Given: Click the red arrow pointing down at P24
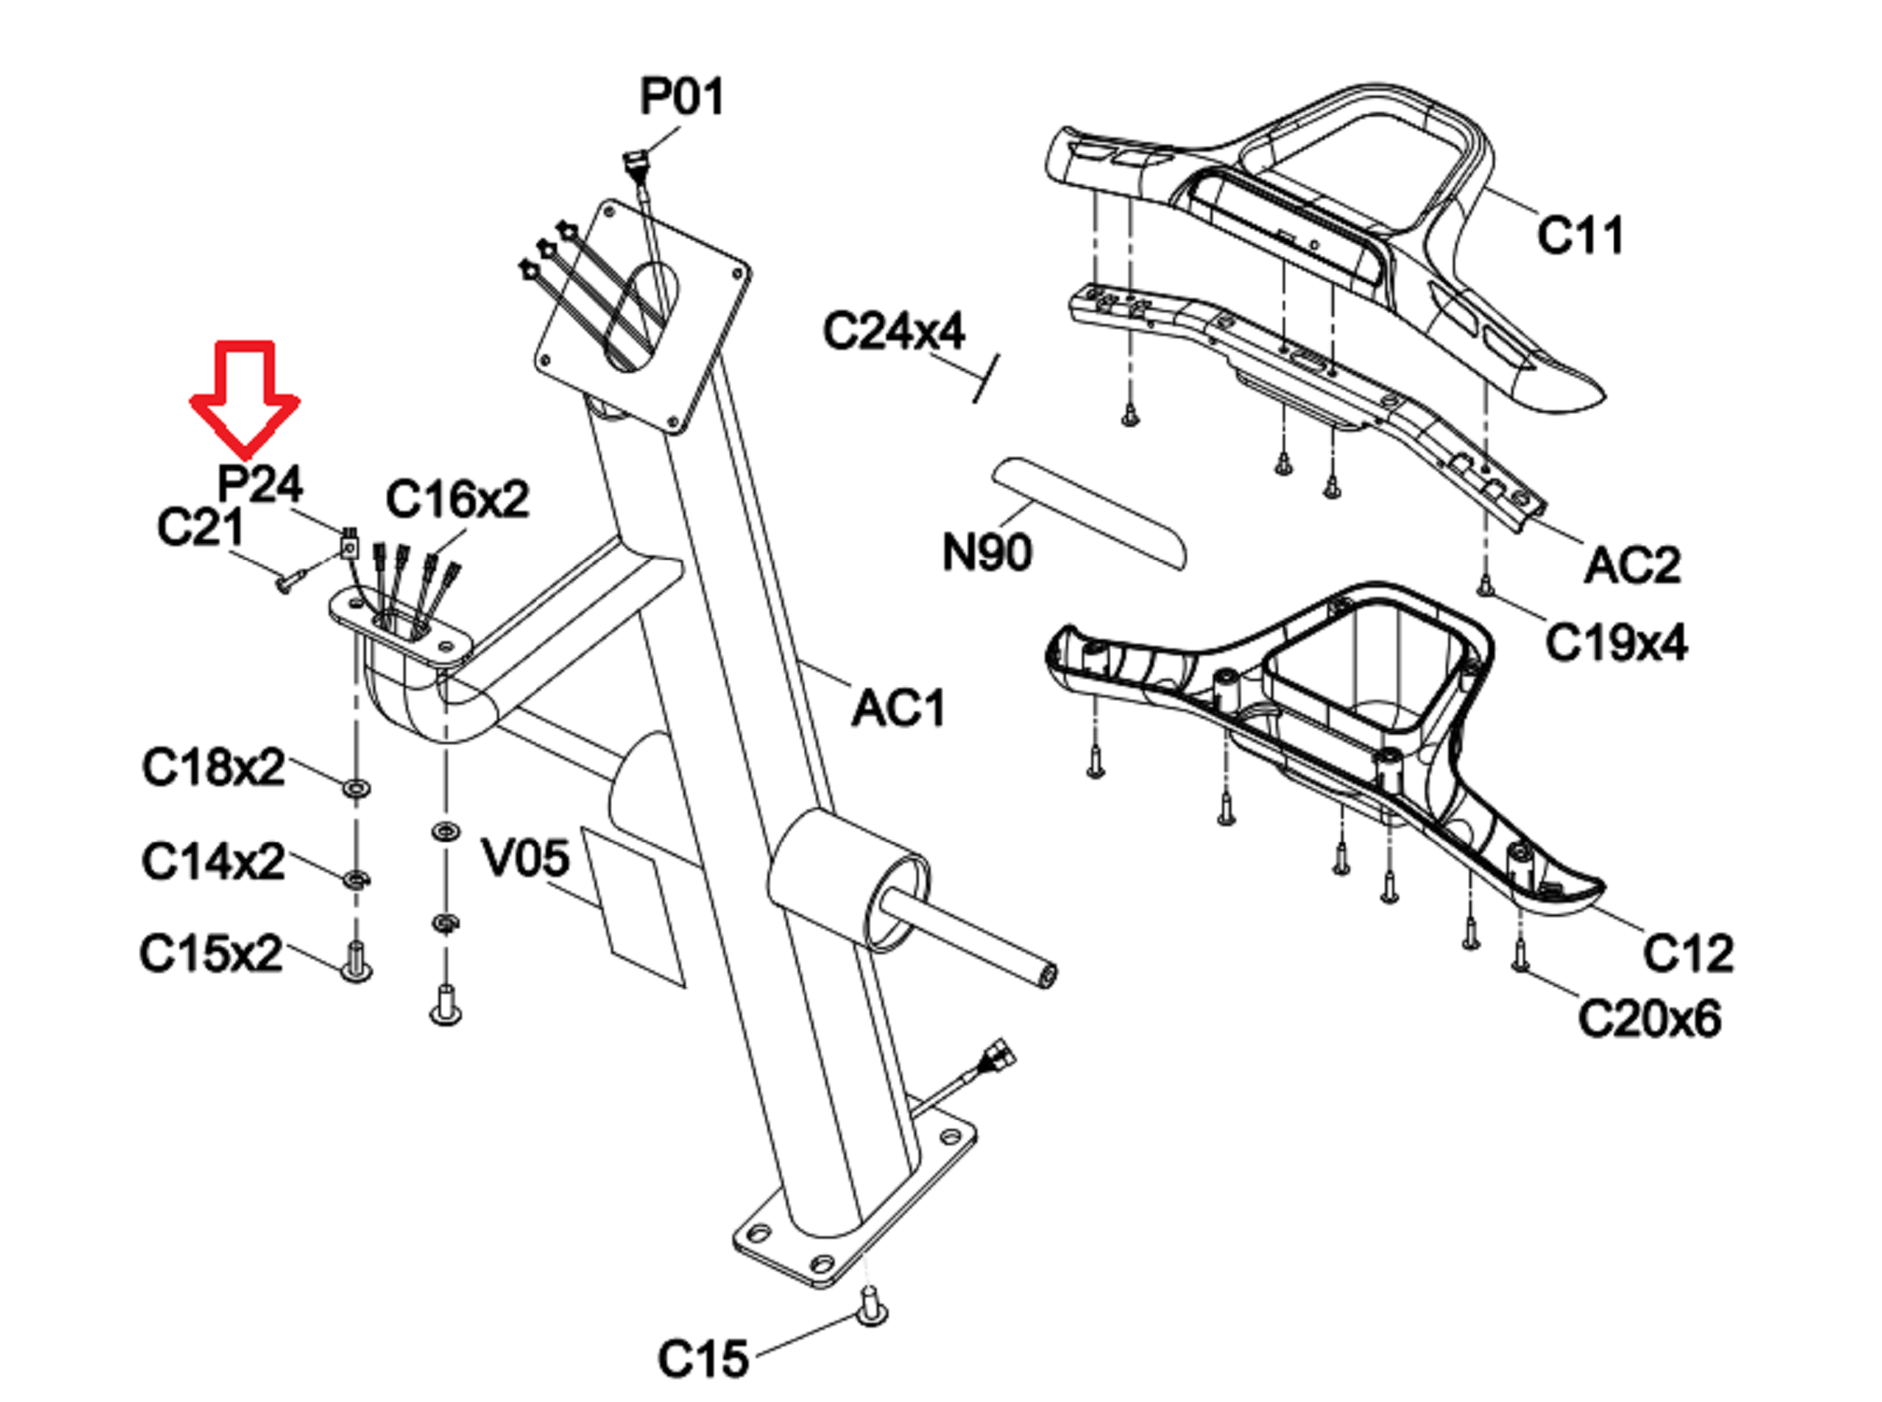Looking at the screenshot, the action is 245,397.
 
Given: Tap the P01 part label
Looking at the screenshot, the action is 681,96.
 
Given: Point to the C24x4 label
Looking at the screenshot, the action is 893,331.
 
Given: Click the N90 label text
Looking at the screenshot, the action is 987,551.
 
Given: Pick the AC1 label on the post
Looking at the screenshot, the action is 898,708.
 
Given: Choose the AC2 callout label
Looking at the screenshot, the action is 1632,565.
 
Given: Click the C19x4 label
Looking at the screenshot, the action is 1616,643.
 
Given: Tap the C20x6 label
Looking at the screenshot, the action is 1649,1018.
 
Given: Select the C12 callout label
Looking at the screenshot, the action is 1688,953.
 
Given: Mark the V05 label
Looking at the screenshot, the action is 524,857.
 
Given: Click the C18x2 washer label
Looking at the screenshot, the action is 213,767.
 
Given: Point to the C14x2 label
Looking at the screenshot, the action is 213,861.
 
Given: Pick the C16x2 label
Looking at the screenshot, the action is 457,499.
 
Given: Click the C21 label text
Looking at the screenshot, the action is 200,527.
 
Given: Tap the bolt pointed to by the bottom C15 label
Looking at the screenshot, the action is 872,1305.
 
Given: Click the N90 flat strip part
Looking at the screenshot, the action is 1089,512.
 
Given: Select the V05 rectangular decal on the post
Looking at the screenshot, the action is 634,906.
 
